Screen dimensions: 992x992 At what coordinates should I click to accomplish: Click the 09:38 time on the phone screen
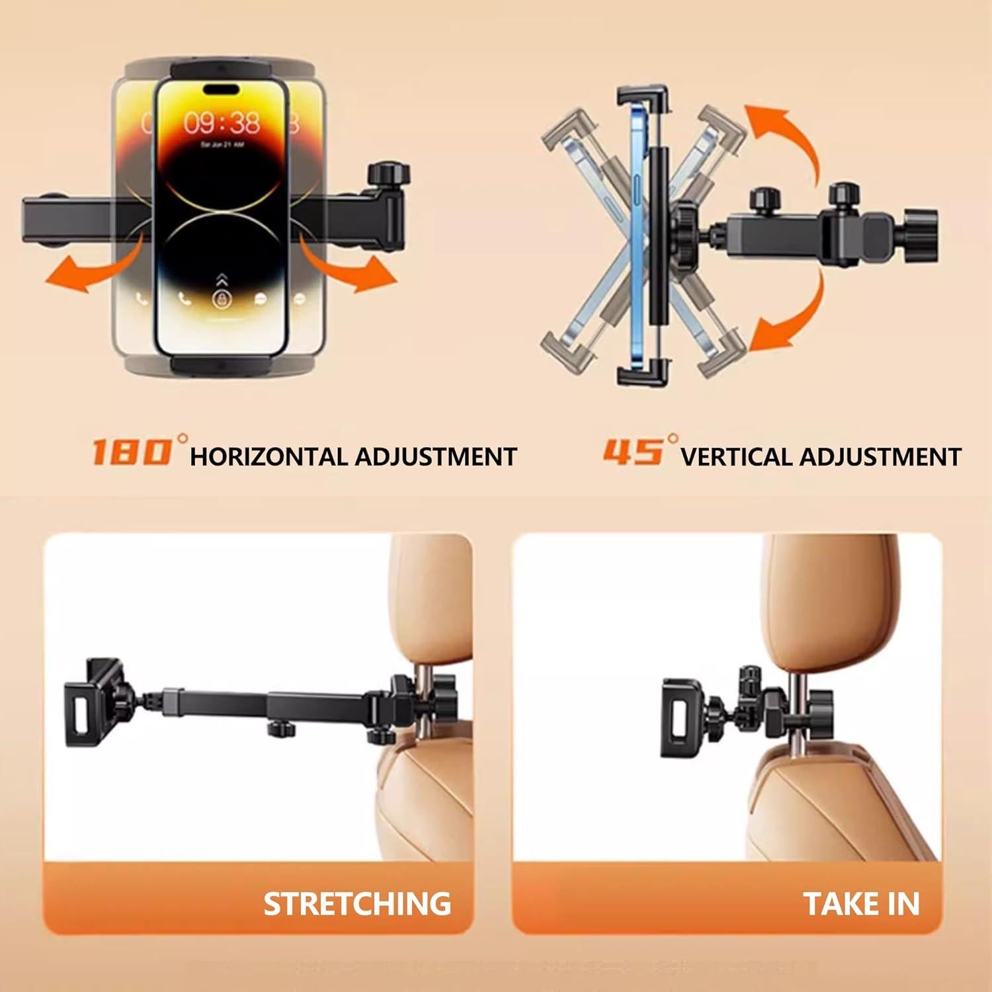click(222, 122)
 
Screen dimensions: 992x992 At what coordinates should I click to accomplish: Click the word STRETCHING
click(357, 903)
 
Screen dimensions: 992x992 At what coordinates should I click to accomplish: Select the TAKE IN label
click(861, 903)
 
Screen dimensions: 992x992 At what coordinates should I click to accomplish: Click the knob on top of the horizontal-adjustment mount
click(389, 175)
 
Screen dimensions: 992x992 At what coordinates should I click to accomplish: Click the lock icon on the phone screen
click(221, 299)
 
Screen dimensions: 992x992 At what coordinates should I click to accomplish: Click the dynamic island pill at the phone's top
click(222, 89)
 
